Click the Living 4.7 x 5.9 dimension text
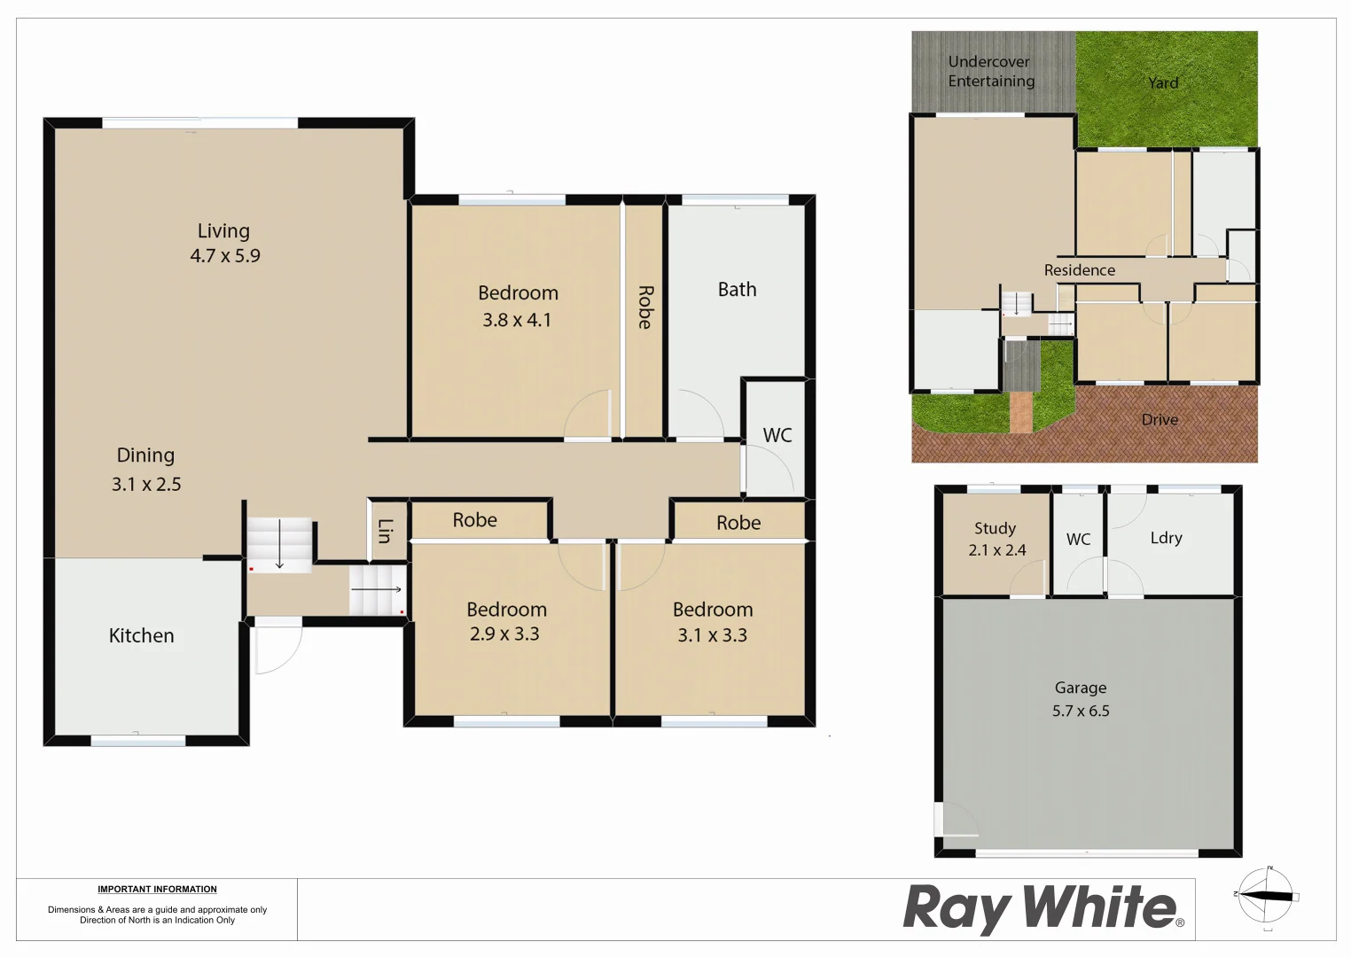coord(225,256)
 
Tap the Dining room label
coord(145,455)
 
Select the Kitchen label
coord(141,635)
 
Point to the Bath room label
coord(737,290)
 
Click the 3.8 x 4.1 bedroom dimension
coord(517,320)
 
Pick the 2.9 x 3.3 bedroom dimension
coord(504,634)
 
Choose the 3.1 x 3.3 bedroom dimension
coord(712,635)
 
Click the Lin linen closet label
coord(385,531)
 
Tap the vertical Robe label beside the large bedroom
coord(644,307)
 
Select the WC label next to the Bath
coord(777,435)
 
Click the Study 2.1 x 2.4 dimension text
coord(996,550)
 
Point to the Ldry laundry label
coord(1166,538)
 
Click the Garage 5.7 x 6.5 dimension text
coord(1081,711)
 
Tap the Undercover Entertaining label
coord(991,72)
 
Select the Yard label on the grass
coord(1163,83)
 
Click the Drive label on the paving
coord(1160,420)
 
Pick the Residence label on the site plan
coord(1079,270)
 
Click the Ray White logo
coord(1043,908)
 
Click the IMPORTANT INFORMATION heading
coord(157,890)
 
